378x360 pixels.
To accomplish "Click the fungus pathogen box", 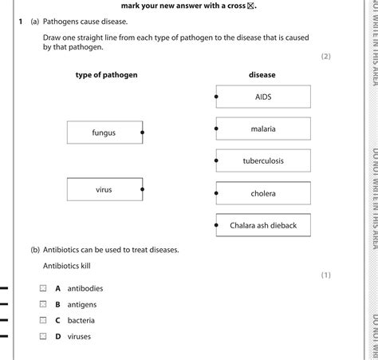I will click(x=104, y=133).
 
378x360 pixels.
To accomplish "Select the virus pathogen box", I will click(x=104, y=190).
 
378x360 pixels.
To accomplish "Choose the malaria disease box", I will click(x=263, y=128).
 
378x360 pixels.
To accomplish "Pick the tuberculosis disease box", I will click(x=263, y=160).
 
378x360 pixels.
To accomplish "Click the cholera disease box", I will click(x=263, y=193).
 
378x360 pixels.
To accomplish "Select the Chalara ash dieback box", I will click(x=263, y=226).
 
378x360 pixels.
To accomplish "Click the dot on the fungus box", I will click(x=143, y=133).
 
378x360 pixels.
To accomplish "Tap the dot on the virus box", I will click(x=143, y=190).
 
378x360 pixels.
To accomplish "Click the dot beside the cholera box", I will click(x=216, y=193).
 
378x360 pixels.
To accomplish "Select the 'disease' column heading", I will click(x=262, y=74).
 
